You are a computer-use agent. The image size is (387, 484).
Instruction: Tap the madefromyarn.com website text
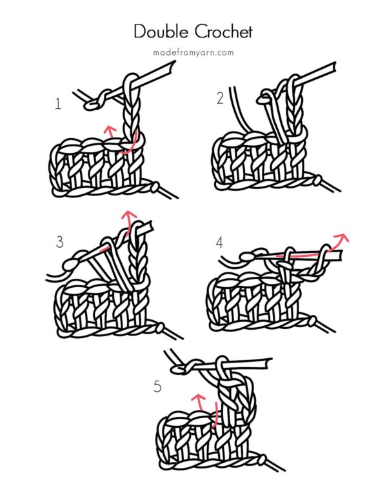193,52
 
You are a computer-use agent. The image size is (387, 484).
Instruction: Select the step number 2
220,98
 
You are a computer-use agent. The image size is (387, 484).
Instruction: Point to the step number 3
60,242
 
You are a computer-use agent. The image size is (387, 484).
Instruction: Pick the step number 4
220,242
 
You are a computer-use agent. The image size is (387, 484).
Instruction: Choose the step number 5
157,387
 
